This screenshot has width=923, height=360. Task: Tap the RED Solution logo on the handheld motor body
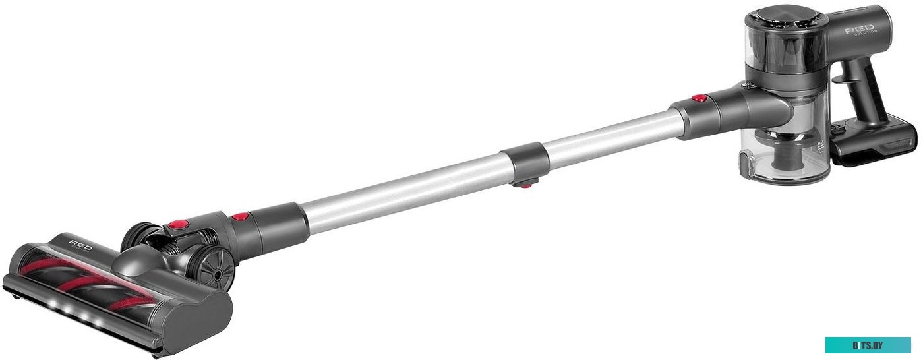coord(861,30)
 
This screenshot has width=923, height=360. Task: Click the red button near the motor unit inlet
coord(699,99)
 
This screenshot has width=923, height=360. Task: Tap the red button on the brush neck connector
coord(240,216)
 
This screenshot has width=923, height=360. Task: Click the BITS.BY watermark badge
coord(868,345)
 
